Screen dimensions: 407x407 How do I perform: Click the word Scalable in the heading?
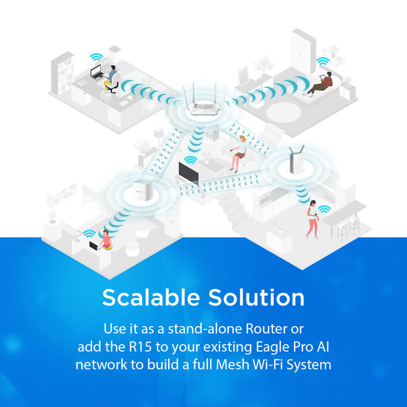coord(151,297)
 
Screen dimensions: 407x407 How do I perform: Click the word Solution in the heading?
coord(256,297)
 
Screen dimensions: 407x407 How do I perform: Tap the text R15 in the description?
coord(140,347)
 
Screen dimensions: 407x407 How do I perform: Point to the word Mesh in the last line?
coord(232,365)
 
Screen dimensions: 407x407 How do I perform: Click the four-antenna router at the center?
coord(204,101)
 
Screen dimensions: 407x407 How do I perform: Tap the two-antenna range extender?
coord(297,160)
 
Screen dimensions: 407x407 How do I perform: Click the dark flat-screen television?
coord(189,173)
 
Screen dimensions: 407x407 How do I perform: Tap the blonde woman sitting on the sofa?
coord(239,153)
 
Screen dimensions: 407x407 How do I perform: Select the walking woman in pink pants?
coord(313,219)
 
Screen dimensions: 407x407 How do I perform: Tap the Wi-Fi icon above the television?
coord(190,160)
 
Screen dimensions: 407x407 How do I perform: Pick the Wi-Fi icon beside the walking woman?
coord(325,209)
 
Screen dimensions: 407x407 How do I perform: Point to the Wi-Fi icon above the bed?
coord(323,61)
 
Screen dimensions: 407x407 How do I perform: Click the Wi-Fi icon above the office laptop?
coord(97,57)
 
